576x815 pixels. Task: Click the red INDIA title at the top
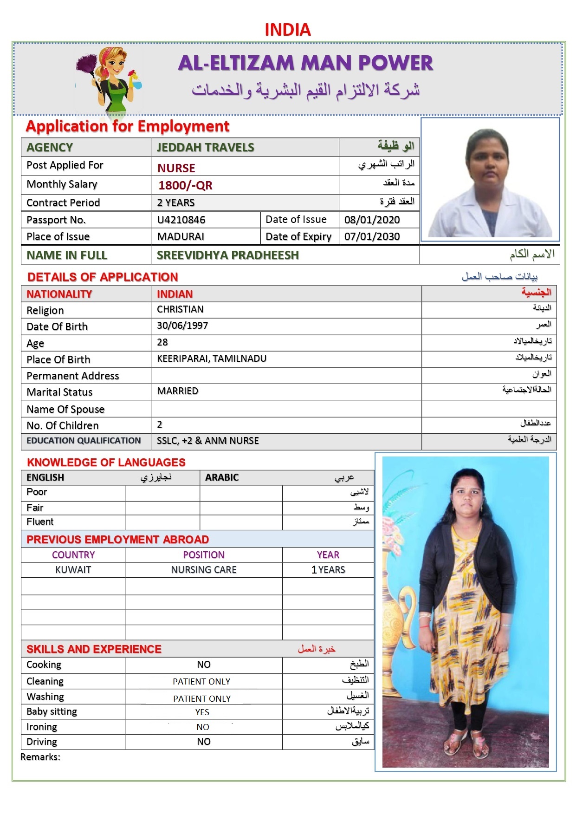pyautogui.click(x=287, y=30)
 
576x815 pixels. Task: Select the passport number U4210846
pyautogui.click(x=181, y=220)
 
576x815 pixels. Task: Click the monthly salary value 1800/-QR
pyautogui.click(x=185, y=185)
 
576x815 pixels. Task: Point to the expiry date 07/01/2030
pyautogui.click(x=372, y=236)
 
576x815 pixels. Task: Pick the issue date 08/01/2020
pyautogui.click(x=372, y=220)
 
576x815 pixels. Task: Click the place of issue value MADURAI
pyautogui.click(x=181, y=236)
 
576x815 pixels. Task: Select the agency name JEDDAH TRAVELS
pyautogui.click(x=205, y=147)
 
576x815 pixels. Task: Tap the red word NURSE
pyautogui.click(x=176, y=168)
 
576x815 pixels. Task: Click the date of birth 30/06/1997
pyautogui.click(x=182, y=326)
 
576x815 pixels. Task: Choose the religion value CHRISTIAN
pyautogui.click(x=180, y=309)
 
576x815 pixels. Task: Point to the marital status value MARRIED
pyautogui.click(x=177, y=391)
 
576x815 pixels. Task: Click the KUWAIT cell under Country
pyautogui.click(x=73, y=570)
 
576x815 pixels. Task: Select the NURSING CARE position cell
pyautogui.click(x=204, y=570)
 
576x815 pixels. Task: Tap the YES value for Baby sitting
pyautogui.click(x=202, y=712)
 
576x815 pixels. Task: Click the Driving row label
pyautogui.click(x=42, y=742)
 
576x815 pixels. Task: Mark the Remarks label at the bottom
pyautogui.click(x=40, y=757)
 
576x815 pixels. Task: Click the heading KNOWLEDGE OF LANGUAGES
pyautogui.click(x=106, y=463)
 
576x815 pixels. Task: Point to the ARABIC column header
pyautogui.click(x=222, y=477)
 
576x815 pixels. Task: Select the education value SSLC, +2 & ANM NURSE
pyautogui.click(x=208, y=441)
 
